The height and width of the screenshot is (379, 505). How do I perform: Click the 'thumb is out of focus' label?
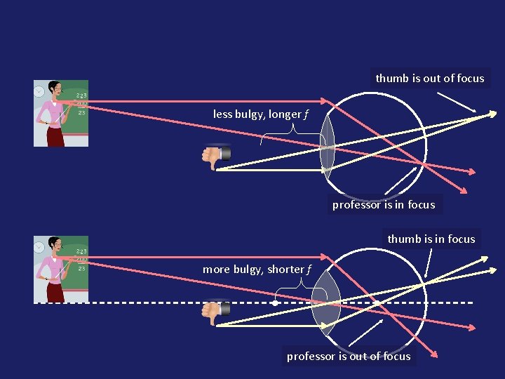pos(429,79)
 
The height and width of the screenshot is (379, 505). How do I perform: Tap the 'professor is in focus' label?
pos(383,205)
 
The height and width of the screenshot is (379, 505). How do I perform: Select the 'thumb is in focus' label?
pos(431,239)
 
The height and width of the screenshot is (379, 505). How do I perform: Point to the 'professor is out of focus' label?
pos(349,357)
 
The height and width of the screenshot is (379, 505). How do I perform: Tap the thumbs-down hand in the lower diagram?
pos(215,312)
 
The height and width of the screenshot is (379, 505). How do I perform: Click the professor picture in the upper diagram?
pos(61,113)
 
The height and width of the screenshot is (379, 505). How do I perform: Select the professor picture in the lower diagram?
pos(61,270)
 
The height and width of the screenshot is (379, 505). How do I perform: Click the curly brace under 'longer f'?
pos(283,136)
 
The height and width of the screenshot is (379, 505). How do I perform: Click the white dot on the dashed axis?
pos(275,302)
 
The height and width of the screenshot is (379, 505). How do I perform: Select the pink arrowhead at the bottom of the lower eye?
pos(436,354)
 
